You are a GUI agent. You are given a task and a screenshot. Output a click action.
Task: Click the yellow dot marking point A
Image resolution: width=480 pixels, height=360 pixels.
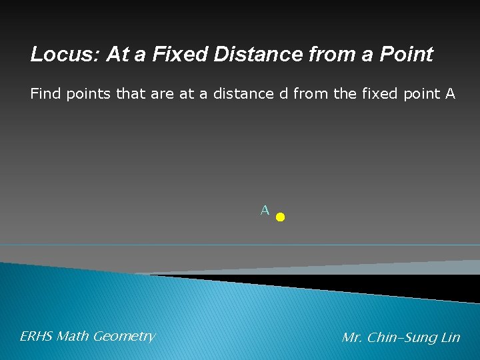tap(280, 217)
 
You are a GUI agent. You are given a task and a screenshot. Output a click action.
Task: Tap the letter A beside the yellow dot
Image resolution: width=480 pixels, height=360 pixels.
tap(265, 211)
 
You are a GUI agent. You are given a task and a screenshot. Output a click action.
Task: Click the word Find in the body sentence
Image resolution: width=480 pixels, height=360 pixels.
tap(45, 94)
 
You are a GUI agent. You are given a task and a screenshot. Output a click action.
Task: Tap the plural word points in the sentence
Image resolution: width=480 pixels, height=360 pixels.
tap(89, 95)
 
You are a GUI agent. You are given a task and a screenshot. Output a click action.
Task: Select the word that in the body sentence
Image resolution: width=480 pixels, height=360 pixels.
tap(131, 94)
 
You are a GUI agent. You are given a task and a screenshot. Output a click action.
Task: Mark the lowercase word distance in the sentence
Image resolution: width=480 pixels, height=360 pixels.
tap(243, 94)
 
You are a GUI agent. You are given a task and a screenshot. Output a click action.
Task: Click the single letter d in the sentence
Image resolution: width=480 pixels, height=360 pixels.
tap(284, 94)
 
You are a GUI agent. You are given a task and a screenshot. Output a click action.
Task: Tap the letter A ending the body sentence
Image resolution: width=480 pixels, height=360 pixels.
tap(450, 94)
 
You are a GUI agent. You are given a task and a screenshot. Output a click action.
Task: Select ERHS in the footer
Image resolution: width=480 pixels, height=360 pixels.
tap(37, 337)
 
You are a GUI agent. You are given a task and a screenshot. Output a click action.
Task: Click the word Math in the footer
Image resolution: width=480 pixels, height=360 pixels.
tap(73, 337)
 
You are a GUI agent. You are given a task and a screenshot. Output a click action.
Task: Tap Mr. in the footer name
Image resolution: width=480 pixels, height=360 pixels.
tap(352, 338)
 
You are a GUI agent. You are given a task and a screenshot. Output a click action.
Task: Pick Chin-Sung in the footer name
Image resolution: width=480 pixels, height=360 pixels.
tap(400, 338)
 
